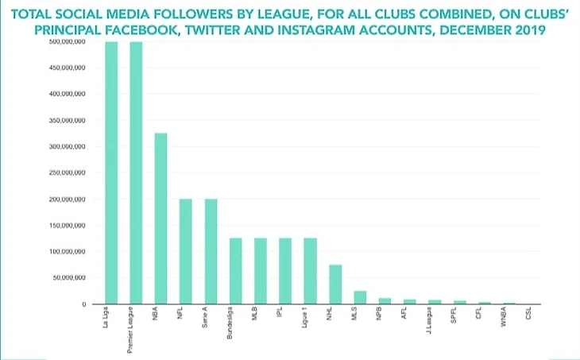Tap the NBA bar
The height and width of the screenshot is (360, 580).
160,219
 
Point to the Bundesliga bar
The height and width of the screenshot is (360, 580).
235,271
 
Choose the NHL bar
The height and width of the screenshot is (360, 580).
335,285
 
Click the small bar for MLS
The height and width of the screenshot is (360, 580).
360,297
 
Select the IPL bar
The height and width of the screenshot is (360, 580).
285,271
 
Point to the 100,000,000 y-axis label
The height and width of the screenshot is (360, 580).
68,252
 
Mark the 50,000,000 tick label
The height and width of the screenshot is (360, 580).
70,278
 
